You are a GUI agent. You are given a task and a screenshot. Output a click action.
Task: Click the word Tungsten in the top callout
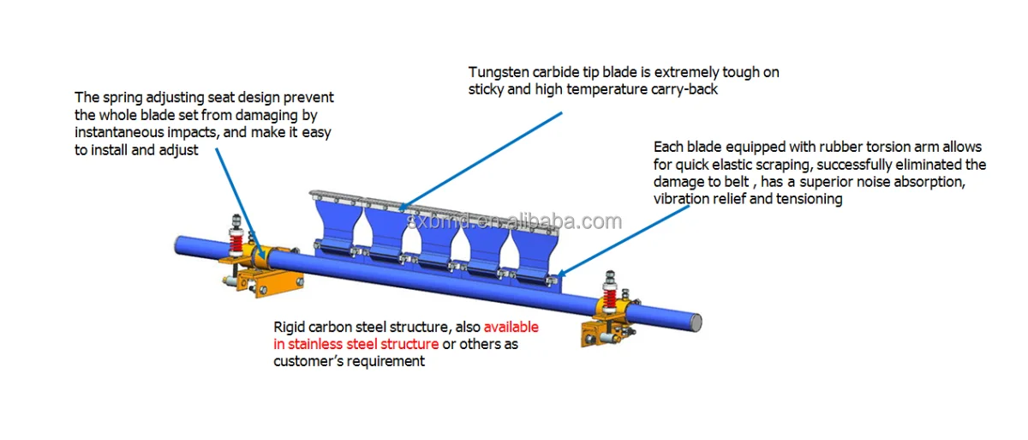497,73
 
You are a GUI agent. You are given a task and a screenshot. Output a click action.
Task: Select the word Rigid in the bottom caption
290,328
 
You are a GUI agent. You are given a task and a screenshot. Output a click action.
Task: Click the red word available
511,328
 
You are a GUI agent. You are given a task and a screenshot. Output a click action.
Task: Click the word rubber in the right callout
816,148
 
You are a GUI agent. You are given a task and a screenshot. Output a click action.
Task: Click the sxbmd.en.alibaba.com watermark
514,222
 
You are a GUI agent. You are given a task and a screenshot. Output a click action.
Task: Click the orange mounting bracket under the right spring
605,335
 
